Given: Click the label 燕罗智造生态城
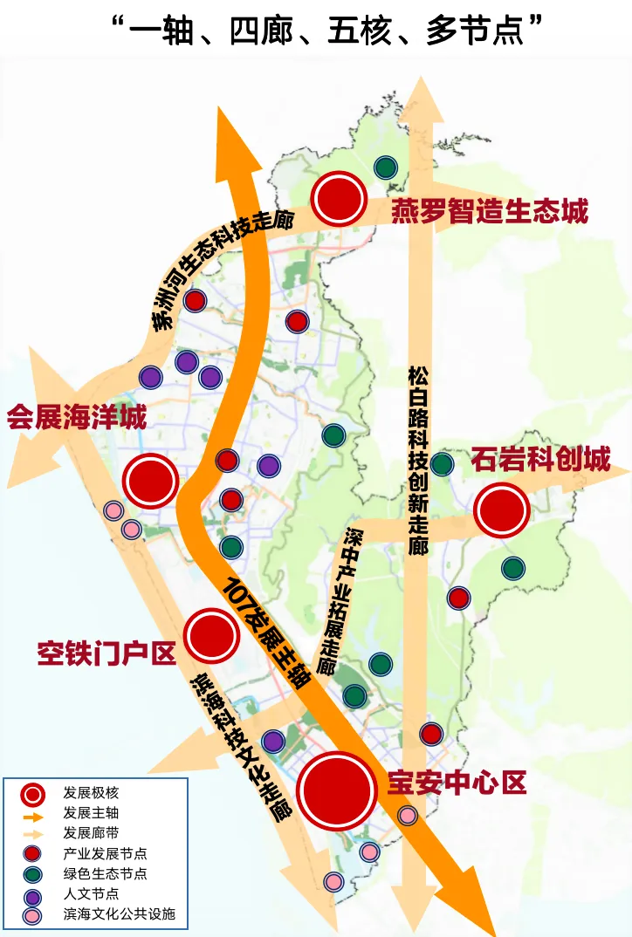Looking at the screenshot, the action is tap(490, 210).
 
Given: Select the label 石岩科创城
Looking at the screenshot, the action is tap(540, 459).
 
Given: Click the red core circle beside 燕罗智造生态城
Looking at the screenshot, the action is tap(340, 199).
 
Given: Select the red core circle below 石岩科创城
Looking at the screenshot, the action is tap(502, 510).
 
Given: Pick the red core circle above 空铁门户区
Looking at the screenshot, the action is tap(212, 635).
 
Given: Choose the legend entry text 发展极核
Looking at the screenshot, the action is tap(91, 794).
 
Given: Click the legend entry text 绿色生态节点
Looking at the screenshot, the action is tap(105, 873).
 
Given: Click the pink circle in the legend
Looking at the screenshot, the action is tap(32, 915).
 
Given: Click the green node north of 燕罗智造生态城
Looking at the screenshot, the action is tap(385, 168).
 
